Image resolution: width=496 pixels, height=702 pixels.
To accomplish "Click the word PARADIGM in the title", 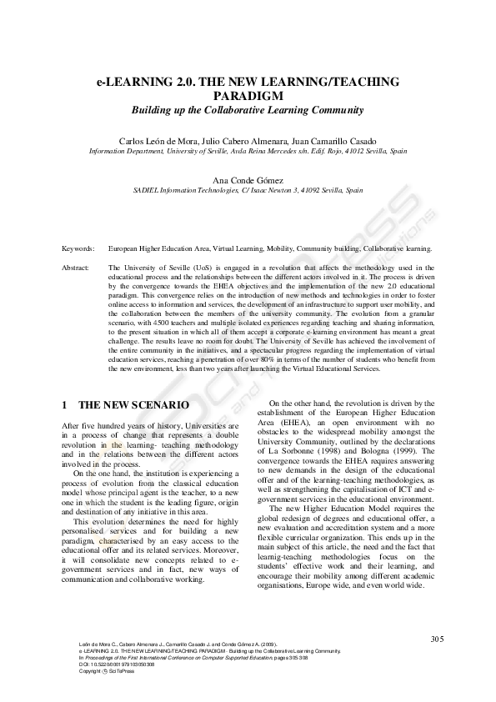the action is coord(248,95).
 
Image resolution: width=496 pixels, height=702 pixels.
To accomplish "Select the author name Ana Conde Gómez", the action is coord(248,179).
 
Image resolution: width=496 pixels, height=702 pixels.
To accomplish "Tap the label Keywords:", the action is coord(78,248).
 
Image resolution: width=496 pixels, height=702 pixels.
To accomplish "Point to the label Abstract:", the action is coord(78,267).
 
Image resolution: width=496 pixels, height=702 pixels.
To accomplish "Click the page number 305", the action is coord(438,639).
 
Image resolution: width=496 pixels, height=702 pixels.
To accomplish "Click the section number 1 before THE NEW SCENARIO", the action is coord(65,405).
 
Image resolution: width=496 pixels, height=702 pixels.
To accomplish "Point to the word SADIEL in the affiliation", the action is coord(148,190).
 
